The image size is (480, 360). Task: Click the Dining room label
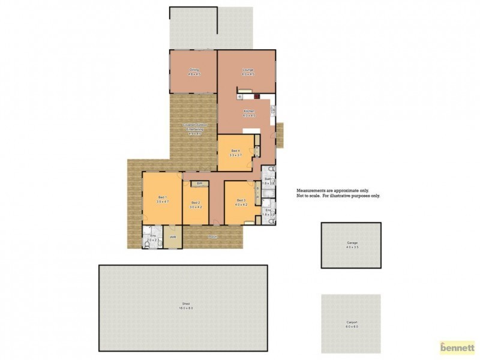194,70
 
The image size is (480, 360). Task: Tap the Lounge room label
248,70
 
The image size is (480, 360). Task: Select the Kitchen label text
249,112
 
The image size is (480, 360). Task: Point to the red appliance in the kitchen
256,95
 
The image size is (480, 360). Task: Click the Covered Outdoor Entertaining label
194,127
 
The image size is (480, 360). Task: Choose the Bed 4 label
235,151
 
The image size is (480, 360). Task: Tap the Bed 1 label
162,197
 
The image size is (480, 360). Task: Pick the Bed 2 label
196,203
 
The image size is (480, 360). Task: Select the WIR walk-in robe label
173,237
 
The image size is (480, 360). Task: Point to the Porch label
212,238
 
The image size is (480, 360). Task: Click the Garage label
351,243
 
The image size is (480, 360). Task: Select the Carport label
351,323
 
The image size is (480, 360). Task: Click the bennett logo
457,346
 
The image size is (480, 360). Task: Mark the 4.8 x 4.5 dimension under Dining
194,74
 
